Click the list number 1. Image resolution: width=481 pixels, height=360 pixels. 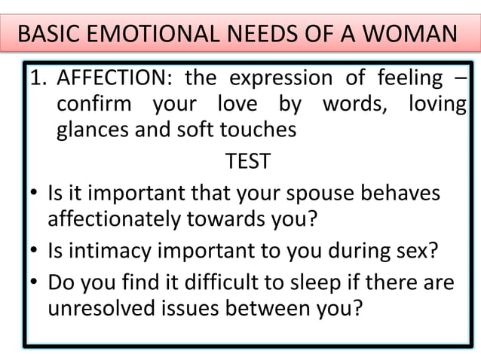pos(35,78)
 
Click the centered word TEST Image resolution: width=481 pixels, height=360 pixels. pos(247,162)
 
